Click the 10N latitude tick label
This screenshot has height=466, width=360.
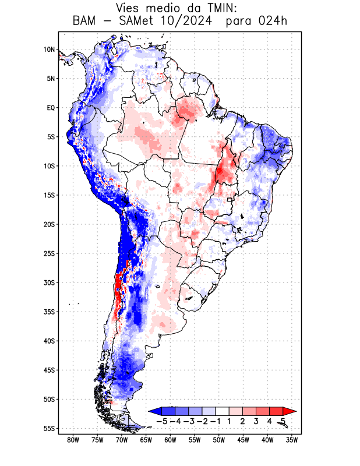click(49, 50)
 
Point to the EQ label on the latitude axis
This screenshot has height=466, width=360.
click(51, 108)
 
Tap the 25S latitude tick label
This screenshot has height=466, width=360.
click(49, 253)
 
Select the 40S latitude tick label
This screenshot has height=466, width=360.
click(49, 341)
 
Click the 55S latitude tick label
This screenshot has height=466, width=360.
click(49, 428)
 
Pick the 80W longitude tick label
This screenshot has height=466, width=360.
click(73, 440)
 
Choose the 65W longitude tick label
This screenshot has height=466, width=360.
click(146, 440)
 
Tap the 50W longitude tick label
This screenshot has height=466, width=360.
click(218, 440)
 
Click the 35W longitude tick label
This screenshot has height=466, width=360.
click(291, 440)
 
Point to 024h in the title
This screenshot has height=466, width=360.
click(273, 21)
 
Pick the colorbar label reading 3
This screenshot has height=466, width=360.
click(256, 421)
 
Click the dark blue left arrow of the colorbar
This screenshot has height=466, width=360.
click(155, 411)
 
